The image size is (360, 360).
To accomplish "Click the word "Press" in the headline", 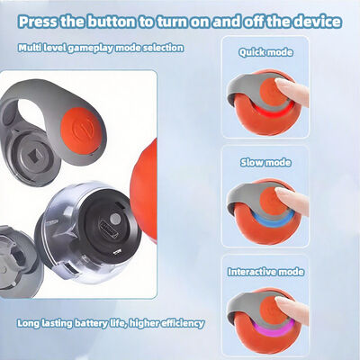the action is point(38,22).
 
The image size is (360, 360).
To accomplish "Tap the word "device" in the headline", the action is point(318,22).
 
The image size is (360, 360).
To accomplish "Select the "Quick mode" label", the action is point(265,52).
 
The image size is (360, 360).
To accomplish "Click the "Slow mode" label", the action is point(265,162).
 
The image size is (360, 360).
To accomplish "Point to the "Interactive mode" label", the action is point(265,272).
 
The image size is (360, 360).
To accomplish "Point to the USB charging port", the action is point(109,229).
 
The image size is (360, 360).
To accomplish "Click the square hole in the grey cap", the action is point(35,157).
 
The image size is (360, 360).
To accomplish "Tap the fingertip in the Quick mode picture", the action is point(281,83).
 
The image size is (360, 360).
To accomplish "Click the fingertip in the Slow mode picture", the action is point(281,193).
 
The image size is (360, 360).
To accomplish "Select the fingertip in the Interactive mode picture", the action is point(281,301).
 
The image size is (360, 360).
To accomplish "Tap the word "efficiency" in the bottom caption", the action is point(183,323).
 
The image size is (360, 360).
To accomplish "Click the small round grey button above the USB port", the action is point(114,219).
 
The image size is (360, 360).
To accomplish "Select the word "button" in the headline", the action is point(111,22).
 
